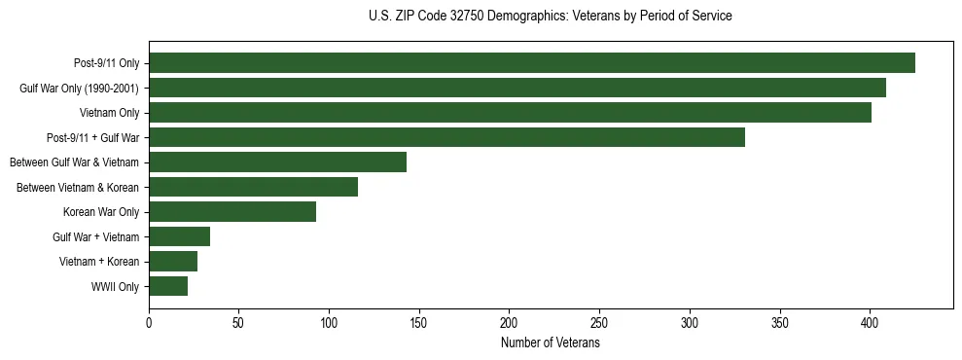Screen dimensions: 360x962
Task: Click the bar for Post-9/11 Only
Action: coord(532,63)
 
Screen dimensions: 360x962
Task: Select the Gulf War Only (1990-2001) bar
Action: coord(517,88)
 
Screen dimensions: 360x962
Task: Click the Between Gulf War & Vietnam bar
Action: coord(277,162)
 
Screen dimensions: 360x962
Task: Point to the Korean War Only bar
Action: coord(232,212)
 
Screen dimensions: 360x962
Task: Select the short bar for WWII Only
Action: coord(168,286)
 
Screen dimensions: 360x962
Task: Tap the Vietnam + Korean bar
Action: coord(173,262)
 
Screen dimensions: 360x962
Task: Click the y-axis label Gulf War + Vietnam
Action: coord(95,237)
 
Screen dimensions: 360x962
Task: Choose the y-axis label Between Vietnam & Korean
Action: coord(78,188)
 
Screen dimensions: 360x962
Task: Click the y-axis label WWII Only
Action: coord(115,287)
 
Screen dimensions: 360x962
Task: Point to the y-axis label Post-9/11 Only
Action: coord(106,64)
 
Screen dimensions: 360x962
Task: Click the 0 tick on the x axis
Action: coord(149,322)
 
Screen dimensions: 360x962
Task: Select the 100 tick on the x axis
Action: coord(329,322)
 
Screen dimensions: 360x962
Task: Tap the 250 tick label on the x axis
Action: coord(599,322)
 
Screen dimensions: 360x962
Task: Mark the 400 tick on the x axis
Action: coord(870,322)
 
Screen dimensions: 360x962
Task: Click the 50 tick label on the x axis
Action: coord(239,322)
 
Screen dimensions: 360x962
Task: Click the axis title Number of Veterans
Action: coord(550,342)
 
